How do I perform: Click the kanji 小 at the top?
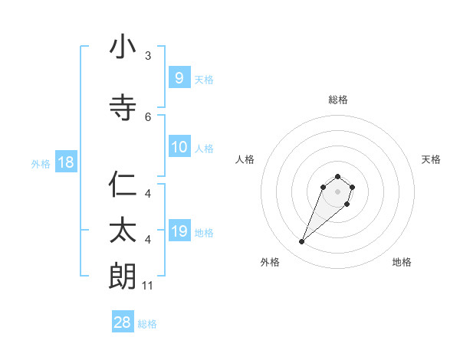tap(123, 47)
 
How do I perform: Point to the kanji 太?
tap(123, 230)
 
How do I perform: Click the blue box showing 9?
tap(179, 77)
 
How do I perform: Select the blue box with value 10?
tap(179, 147)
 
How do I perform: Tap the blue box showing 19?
tap(179, 231)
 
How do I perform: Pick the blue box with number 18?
tap(65, 162)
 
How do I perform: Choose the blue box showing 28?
tap(123, 322)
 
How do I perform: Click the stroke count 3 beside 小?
tap(148, 56)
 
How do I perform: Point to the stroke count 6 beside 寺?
tap(148, 116)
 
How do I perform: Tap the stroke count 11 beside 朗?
tap(148, 286)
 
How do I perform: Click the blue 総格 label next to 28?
tap(147, 324)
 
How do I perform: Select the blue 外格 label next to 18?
tap(41, 163)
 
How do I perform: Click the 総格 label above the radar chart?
tap(337, 100)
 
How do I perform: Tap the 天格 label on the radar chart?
tap(431, 159)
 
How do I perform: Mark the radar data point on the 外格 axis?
tap(301, 242)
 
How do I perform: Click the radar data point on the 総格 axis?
tap(337, 176)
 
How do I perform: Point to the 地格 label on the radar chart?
tap(402, 262)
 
